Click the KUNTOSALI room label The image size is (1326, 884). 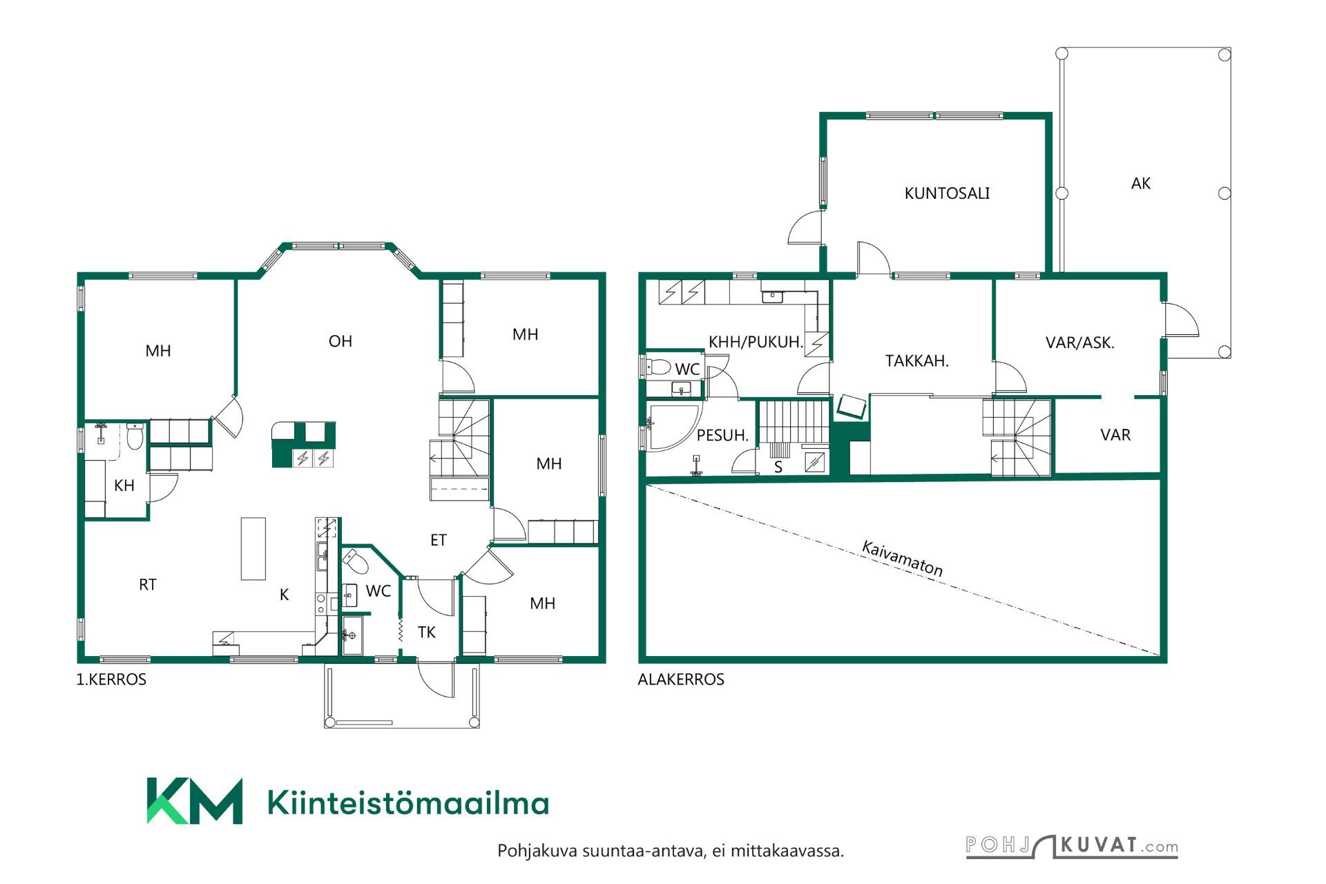(x=947, y=193)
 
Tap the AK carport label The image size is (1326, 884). (x=1141, y=184)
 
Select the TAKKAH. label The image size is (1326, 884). (x=916, y=361)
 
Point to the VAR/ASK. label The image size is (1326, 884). (x=1079, y=343)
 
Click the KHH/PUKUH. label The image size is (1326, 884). (x=756, y=342)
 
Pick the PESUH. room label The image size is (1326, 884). (x=722, y=436)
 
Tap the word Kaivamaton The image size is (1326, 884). (x=902, y=558)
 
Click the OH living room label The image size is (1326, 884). (x=340, y=341)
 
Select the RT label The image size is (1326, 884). (x=148, y=585)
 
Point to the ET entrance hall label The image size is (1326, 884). (x=439, y=540)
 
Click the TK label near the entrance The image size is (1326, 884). (x=427, y=632)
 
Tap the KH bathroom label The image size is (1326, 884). (x=124, y=486)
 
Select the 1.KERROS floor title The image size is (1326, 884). (x=111, y=680)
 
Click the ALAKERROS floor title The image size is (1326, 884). (x=680, y=680)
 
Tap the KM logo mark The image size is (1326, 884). (x=194, y=801)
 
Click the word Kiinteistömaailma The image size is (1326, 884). (x=407, y=803)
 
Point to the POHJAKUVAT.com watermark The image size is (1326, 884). (x=1071, y=846)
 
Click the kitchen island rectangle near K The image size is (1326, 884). (x=253, y=548)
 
